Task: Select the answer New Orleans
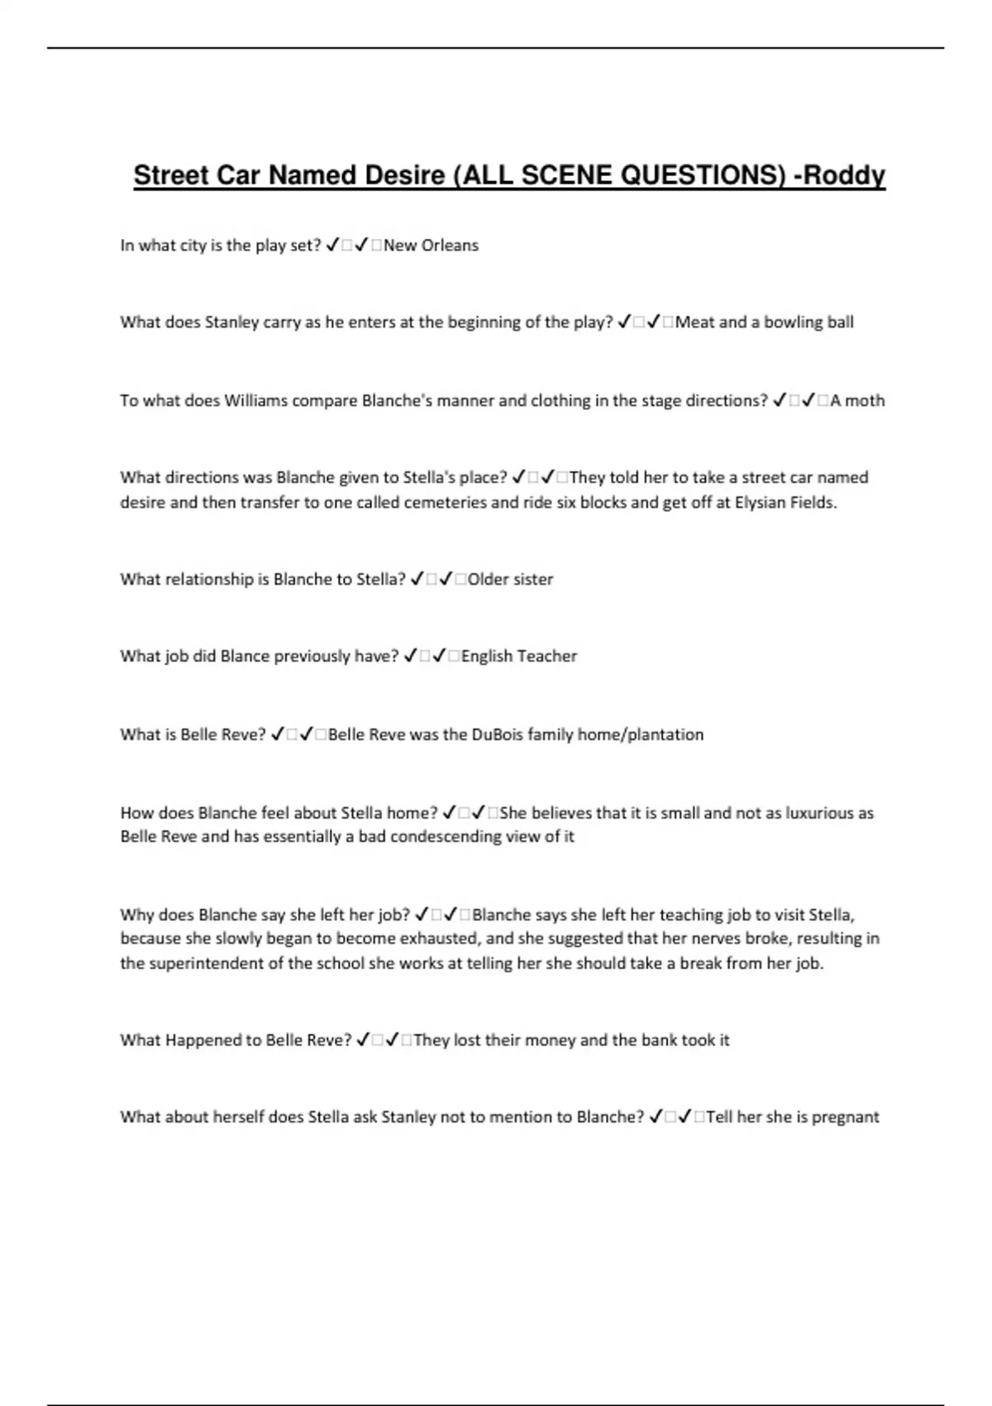pos(431,246)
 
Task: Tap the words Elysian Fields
pos(785,503)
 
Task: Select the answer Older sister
pos(510,580)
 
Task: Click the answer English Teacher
pos(519,657)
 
